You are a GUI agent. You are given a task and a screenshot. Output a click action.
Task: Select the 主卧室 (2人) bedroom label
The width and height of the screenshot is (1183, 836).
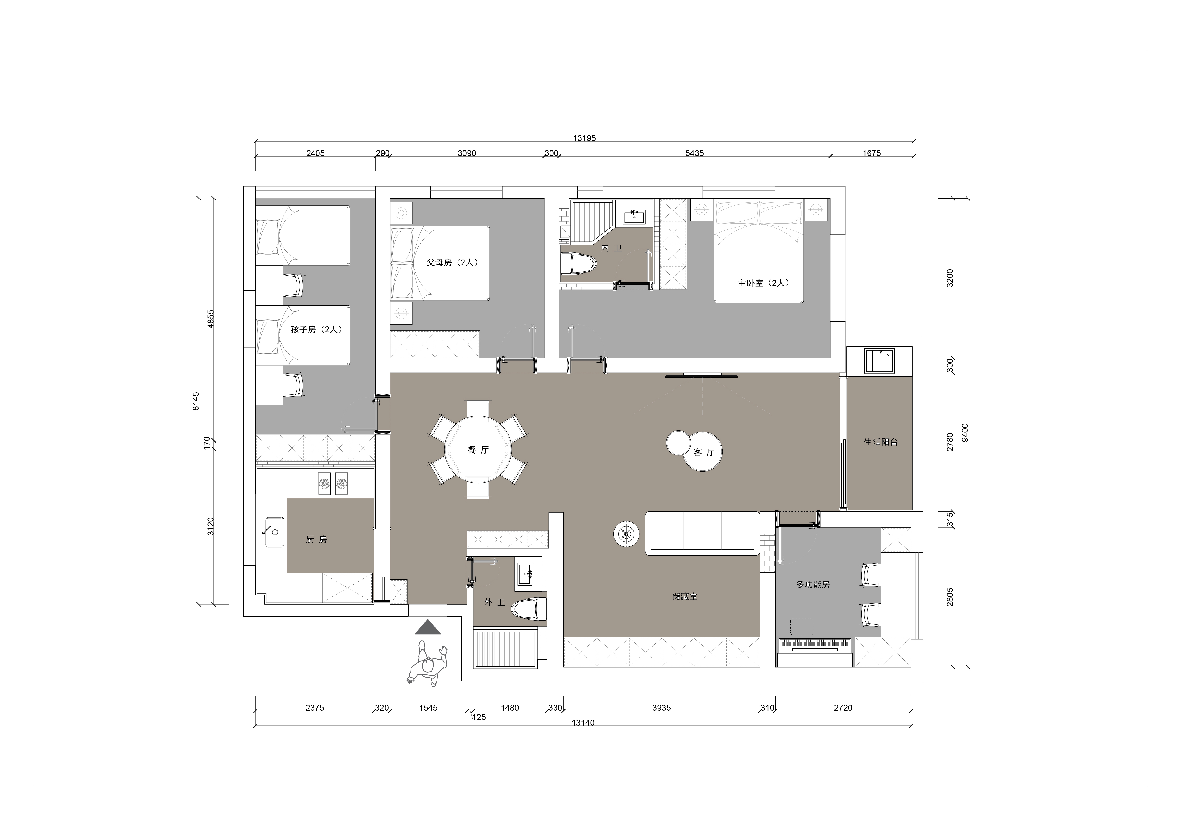tap(763, 283)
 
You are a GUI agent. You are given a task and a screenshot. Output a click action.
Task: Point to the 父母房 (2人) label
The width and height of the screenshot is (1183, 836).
tap(452, 262)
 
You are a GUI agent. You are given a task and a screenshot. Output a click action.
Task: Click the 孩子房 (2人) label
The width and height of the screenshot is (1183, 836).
tap(316, 329)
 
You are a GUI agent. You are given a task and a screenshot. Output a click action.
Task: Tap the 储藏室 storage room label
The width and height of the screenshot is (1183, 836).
tap(685, 596)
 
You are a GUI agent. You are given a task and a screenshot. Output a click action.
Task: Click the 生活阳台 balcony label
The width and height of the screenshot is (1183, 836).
tap(880, 441)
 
